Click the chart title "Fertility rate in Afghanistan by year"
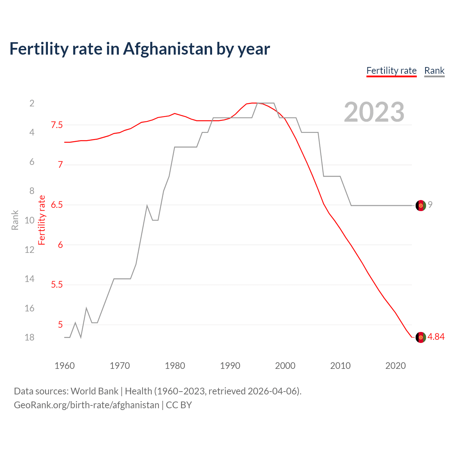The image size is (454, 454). (x=140, y=49)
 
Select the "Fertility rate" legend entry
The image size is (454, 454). (x=391, y=71)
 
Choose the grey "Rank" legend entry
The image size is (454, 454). (x=434, y=71)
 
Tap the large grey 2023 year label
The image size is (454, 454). (x=374, y=112)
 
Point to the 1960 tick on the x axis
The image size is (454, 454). (x=65, y=366)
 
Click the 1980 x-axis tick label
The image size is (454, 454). (x=175, y=366)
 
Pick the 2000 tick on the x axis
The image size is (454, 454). (x=285, y=366)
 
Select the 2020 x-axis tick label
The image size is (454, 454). (x=395, y=366)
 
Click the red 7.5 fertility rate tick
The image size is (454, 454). (x=57, y=125)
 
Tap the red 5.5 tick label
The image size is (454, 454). (x=57, y=285)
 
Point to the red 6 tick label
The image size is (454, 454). (x=60, y=245)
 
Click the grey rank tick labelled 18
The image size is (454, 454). (x=29, y=337)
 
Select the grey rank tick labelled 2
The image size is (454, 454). (x=32, y=103)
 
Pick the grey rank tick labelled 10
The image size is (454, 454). (x=29, y=220)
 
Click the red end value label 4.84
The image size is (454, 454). (x=436, y=337)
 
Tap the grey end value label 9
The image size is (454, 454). (x=430, y=205)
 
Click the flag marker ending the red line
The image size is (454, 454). (x=421, y=337)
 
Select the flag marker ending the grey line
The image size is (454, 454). (x=421, y=205)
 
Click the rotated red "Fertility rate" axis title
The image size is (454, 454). (x=42, y=220)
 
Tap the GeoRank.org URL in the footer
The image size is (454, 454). (x=87, y=405)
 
